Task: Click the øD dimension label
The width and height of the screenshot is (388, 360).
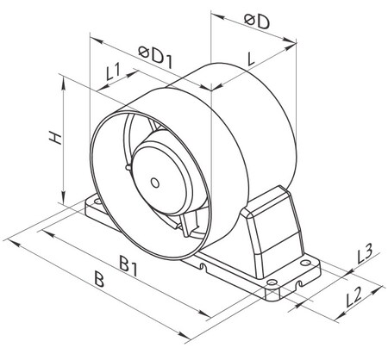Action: (257, 22)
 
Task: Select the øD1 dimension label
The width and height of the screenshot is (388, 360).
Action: (156, 57)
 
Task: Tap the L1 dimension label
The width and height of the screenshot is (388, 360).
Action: (113, 72)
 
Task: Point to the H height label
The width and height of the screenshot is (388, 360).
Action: (55, 138)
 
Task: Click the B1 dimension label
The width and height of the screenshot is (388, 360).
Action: (128, 266)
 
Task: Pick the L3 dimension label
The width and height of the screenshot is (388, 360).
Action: (365, 254)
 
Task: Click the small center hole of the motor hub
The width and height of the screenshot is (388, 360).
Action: (155, 183)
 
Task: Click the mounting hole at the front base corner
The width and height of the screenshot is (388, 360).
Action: (271, 283)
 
